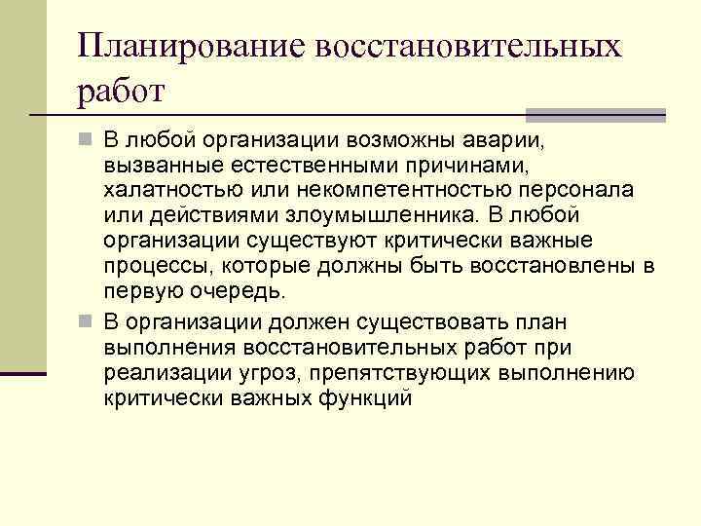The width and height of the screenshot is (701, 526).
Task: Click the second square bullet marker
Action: tap(86, 322)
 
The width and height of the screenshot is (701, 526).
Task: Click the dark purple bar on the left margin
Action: tap(23, 371)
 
